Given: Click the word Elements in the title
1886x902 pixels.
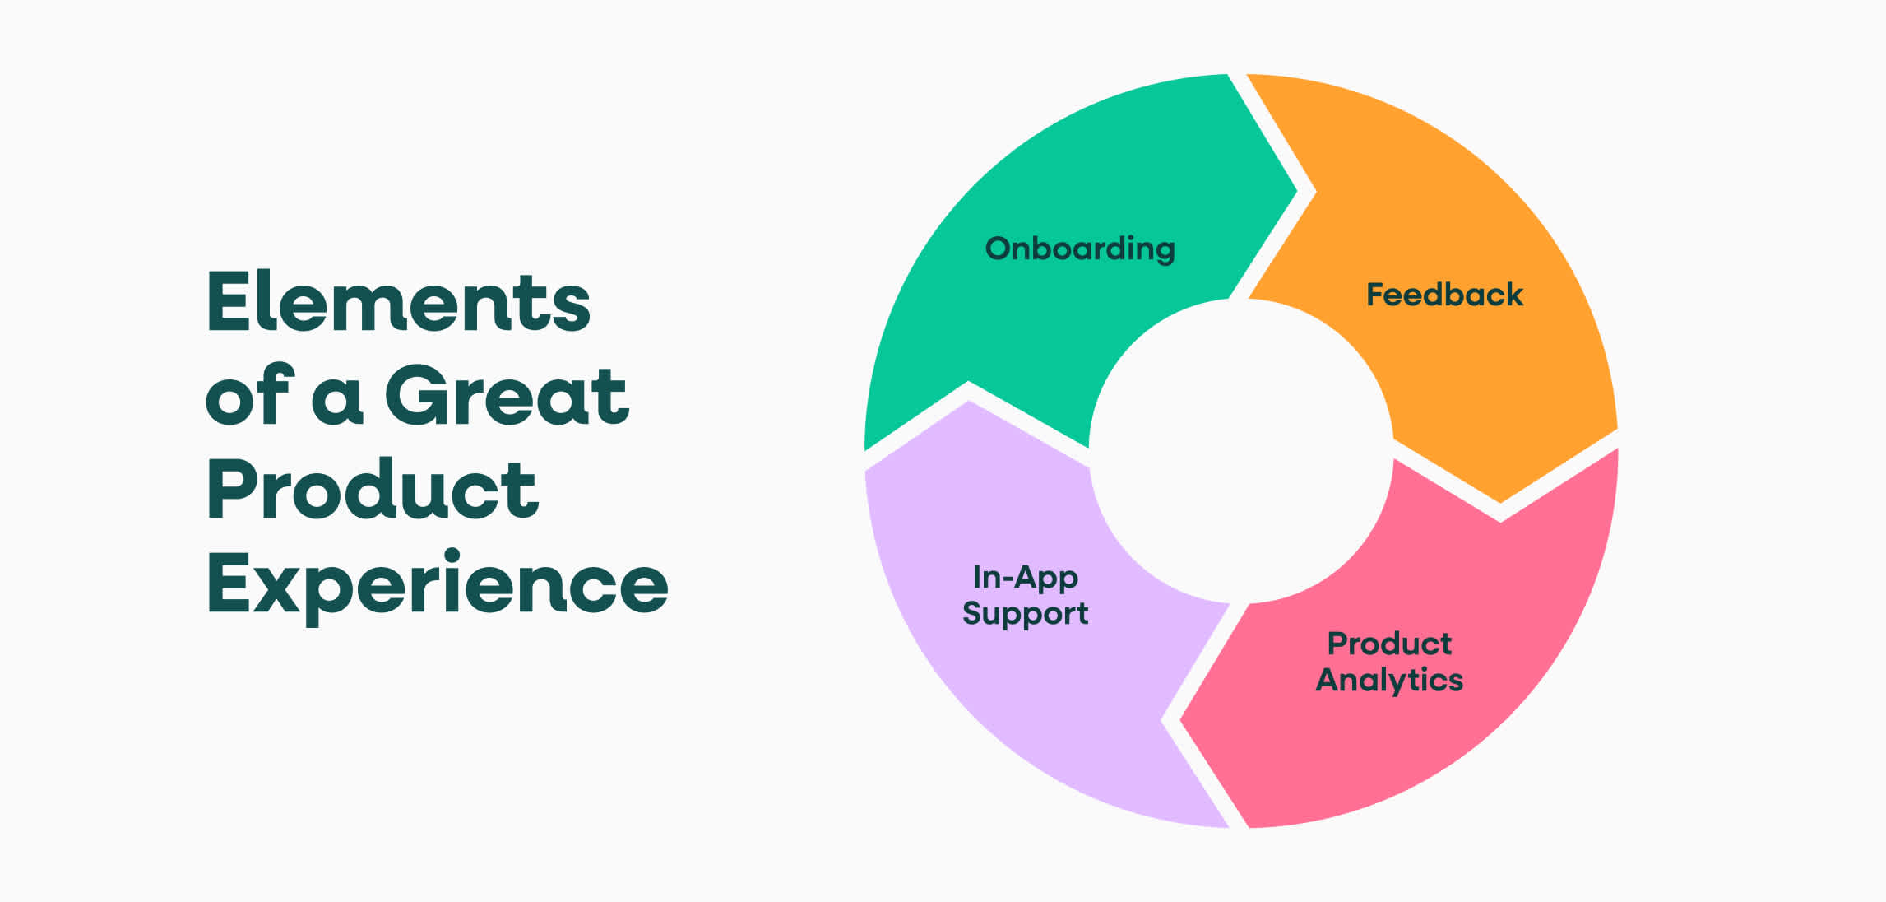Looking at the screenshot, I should (398, 302).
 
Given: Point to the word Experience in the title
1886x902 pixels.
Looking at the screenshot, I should (437, 584).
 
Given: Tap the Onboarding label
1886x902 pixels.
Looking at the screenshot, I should (1080, 249).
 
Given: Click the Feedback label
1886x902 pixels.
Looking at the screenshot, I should (1444, 295).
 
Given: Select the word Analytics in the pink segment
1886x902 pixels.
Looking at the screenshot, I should (1389, 681).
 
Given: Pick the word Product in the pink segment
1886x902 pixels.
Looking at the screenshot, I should (1389, 644).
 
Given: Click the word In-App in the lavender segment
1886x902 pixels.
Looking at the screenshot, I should (1025, 578).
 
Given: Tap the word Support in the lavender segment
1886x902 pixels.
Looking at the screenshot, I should (1025, 614).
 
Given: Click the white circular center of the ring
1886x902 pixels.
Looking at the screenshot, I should (1241, 451).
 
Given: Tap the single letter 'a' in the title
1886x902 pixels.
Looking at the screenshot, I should (337, 398).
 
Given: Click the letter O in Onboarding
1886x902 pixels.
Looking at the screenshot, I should (999, 249).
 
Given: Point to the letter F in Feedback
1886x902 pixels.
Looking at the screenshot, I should (1374, 295).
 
